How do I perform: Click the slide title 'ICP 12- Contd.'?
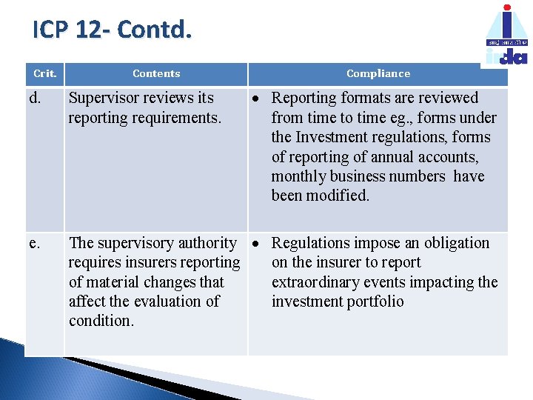(113, 30)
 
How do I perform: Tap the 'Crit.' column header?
(45, 73)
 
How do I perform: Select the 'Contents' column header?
(156, 73)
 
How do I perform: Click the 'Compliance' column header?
(378, 73)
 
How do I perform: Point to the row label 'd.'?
(35, 98)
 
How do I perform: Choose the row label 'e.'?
(34, 243)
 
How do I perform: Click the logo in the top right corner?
(507, 36)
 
